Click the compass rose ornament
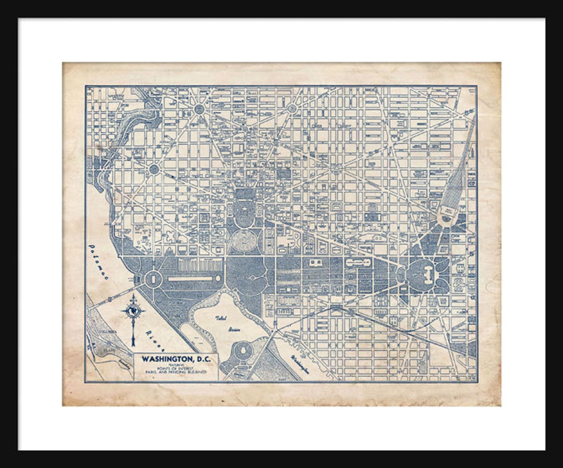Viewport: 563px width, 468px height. pyautogui.click(x=133, y=311)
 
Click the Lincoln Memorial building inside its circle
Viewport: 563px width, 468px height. pyautogui.click(x=153, y=279)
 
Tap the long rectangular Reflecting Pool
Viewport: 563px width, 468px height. pyautogui.click(x=190, y=279)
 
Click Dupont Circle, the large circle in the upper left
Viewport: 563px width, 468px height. pyautogui.click(x=200, y=109)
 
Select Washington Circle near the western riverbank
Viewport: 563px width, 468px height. pyautogui.click(x=154, y=169)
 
